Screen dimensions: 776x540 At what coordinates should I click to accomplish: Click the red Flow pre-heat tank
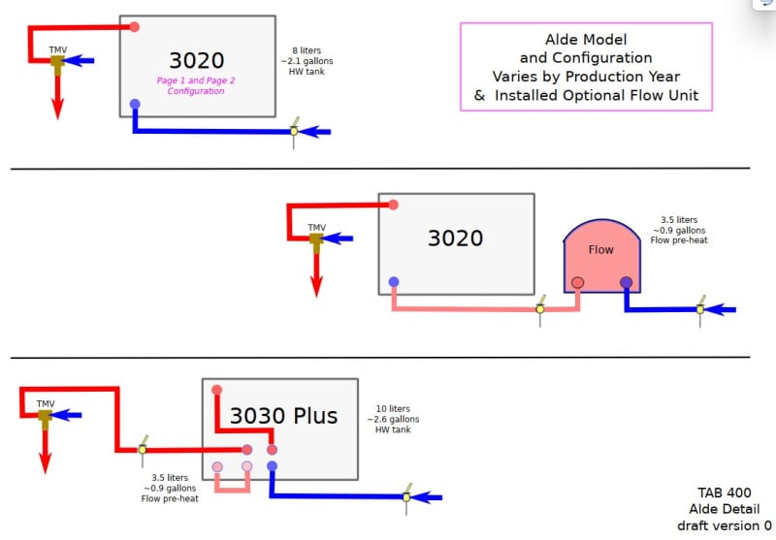click(601, 256)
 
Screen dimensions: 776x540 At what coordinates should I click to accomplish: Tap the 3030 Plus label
click(283, 415)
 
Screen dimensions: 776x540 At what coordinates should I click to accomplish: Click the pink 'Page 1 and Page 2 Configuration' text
click(196, 85)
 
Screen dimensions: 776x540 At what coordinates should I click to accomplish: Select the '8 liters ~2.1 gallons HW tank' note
click(307, 61)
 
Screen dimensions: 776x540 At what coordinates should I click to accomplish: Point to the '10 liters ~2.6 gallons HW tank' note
click(393, 420)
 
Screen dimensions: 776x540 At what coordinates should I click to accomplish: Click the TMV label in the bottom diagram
click(46, 404)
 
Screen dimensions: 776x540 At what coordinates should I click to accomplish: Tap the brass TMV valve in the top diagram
click(57, 64)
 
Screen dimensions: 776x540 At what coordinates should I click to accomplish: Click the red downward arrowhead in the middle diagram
click(317, 286)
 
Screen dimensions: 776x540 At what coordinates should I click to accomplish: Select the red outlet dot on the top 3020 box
click(134, 27)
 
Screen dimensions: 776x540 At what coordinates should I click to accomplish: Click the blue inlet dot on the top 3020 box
click(135, 104)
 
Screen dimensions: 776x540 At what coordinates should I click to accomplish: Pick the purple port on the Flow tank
click(626, 282)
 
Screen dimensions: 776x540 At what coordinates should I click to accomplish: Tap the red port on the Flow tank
click(577, 282)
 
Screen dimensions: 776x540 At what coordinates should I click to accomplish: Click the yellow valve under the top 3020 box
click(294, 131)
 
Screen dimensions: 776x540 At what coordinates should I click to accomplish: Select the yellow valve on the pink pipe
click(540, 309)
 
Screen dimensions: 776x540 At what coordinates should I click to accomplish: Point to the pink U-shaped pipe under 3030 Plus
click(232, 490)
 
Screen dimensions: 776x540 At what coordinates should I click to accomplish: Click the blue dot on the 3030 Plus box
click(272, 465)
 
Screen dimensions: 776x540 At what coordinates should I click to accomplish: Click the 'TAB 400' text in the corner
click(725, 492)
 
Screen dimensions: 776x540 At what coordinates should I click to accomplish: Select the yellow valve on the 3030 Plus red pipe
click(143, 450)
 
